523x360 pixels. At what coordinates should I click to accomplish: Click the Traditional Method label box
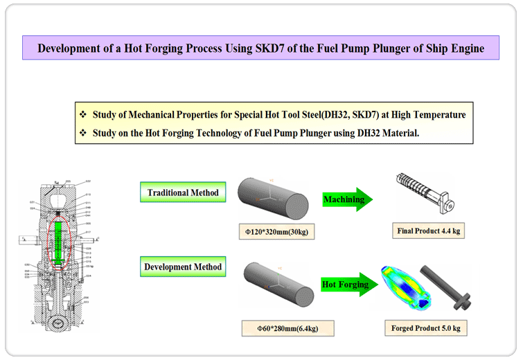pyautogui.click(x=183, y=192)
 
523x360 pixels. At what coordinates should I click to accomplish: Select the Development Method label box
pyautogui.click(x=183, y=267)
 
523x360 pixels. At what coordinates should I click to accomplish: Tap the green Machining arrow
pyautogui.click(x=346, y=199)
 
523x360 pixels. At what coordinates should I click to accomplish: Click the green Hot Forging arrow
pyautogui.click(x=346, y=283)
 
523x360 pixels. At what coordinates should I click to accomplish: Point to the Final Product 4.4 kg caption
pyautogui.click(x=427, y=230)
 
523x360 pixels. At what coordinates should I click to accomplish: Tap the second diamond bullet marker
pyautogui.click(x=83, y=132)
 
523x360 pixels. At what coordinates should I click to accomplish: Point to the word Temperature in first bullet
pyautogui.click(x=436, y=114)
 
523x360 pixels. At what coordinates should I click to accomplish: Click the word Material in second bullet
pyautogui.click(x=396, y=132)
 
